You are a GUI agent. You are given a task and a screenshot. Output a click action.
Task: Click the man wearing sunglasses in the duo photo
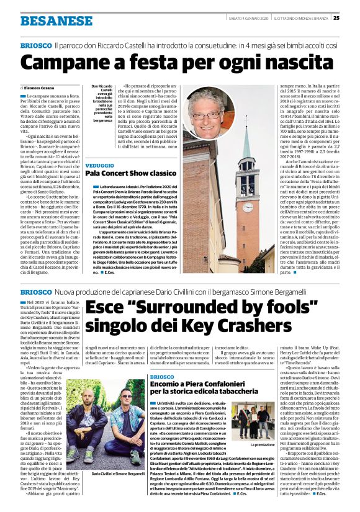coord(128,426)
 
